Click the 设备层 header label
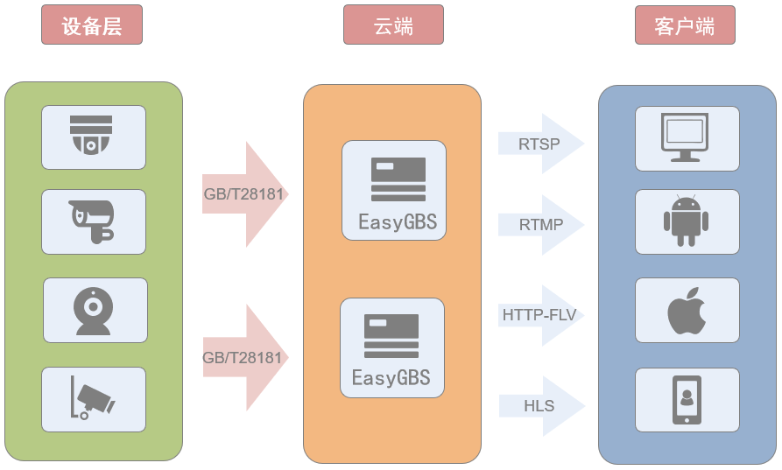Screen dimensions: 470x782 (91, 25)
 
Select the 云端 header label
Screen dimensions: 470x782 (393, 25)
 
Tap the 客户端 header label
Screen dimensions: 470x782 (685, 25)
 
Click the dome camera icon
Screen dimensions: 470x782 (93, 137)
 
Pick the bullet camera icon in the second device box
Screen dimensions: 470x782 (93, 221)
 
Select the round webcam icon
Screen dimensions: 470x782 (94, 310)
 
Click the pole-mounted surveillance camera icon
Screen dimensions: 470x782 (92, 397)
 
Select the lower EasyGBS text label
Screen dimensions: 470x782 (391, 378)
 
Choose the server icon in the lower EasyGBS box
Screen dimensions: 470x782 (391, 335)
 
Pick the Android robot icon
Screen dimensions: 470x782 (685, 221)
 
